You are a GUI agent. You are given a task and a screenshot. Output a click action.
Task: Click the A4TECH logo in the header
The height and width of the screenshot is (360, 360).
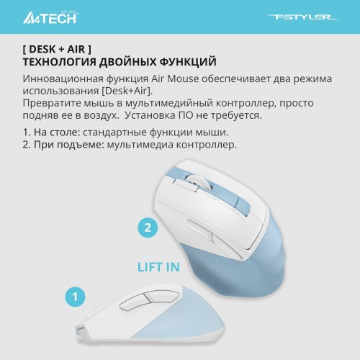[55, 17]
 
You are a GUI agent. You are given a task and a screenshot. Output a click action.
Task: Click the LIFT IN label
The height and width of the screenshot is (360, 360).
[159, 268]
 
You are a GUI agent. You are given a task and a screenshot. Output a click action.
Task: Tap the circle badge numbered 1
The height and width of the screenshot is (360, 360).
[74, 296]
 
